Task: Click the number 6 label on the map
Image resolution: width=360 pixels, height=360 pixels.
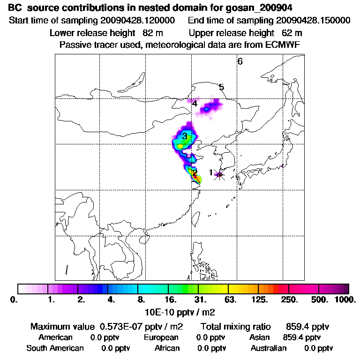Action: pos(240,61)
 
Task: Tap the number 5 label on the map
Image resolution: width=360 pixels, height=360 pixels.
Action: pos(221,87)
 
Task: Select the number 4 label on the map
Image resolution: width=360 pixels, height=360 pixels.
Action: pos(195,104)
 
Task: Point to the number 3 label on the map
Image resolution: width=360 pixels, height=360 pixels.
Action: pos(185,136)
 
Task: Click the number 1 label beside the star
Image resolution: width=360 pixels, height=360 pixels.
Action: pos(211,172)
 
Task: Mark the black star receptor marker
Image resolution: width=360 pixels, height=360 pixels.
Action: pos(219,175)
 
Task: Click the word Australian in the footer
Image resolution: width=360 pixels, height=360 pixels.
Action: pos(269,348)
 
